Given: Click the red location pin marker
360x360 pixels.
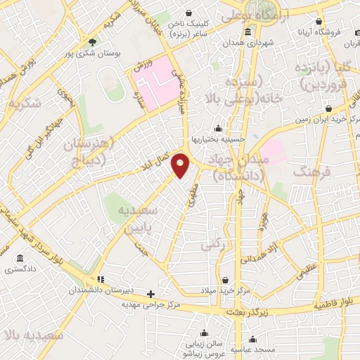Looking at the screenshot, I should click(181, 165).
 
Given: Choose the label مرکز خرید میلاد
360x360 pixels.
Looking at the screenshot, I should click(224, 291).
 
